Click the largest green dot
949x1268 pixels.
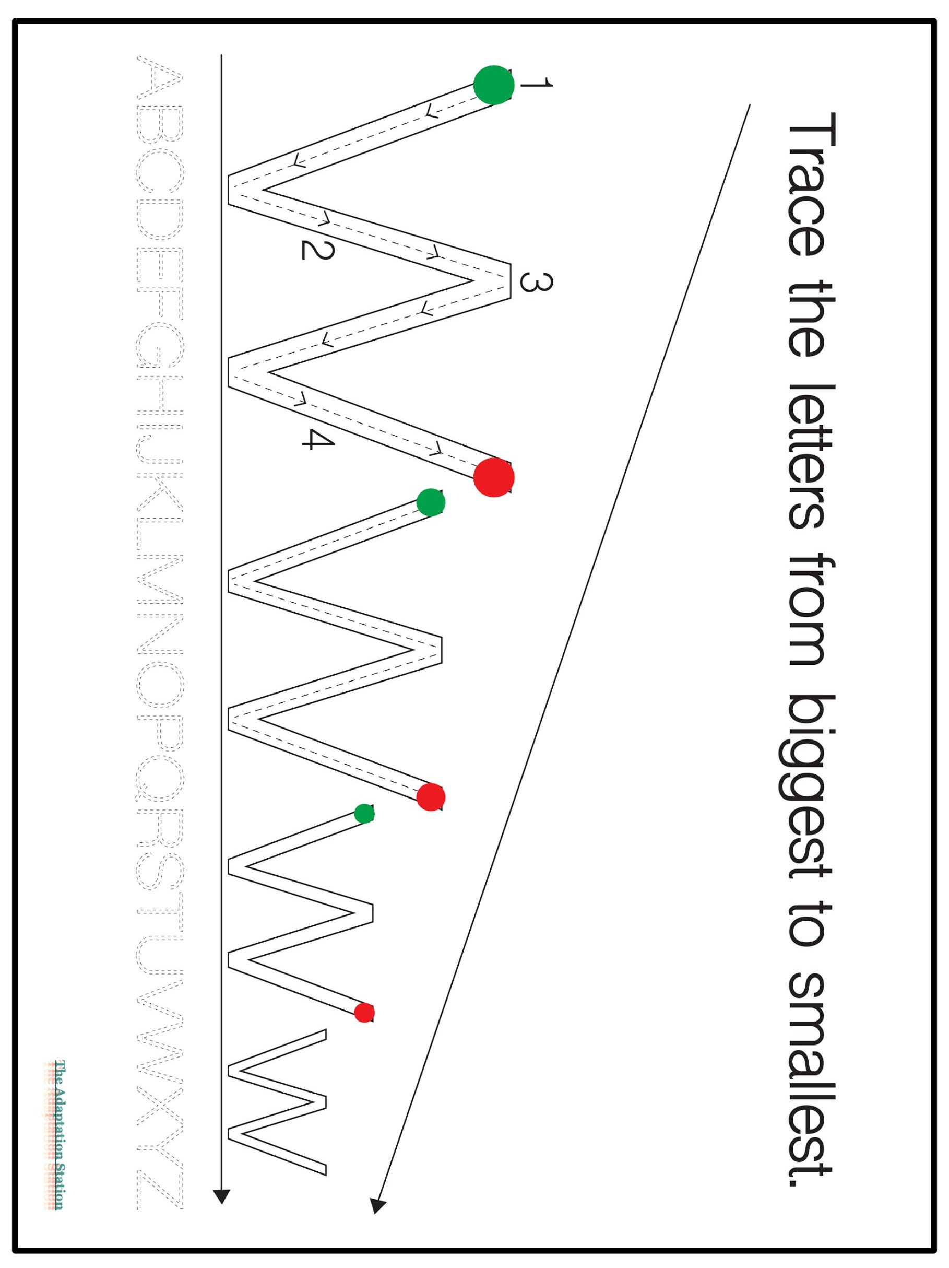[x=493, y=85]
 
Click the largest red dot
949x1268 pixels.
[x=493, y=477]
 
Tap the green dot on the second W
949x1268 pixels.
[x=430, y=502]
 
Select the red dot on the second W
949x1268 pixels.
[x=430, y=797]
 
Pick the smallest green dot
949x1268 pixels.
[x=364, y=814]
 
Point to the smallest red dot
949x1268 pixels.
[x=364, y=1013]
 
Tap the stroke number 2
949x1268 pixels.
[x=317, y=250]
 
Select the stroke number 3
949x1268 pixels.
[x=536, y=282]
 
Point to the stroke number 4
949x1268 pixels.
[x=317, y=440]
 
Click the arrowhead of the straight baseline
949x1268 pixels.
[x=221, y=1196]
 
